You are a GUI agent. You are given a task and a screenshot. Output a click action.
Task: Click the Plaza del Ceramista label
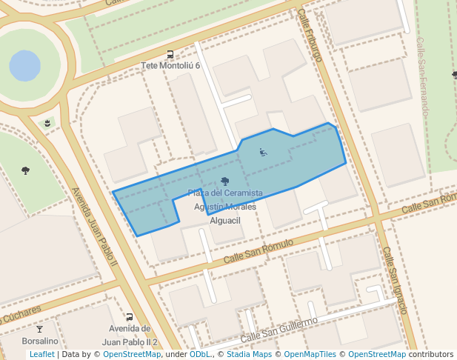[x=225, y=193]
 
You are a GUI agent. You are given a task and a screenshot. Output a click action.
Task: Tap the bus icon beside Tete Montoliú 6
[x=171, y=54]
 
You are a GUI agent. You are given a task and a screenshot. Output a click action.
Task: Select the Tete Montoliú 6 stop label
[x=171, y=66]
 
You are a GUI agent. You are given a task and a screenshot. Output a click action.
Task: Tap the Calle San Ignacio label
[x=395, y=281]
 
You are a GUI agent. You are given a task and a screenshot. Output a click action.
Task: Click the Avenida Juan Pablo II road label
[x=95, y=226]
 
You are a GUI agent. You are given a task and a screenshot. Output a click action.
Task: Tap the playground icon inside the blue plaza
[x=263, y=153]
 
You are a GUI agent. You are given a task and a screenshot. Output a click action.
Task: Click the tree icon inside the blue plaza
[x=225, y=181]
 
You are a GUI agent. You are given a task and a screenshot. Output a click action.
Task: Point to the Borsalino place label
[x=40, y=341]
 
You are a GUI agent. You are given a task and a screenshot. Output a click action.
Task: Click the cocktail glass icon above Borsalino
[x=40, y=329]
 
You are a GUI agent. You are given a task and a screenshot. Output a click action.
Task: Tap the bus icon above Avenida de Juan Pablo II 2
[x=130, y=317]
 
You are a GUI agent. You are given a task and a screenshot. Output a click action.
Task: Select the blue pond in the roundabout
[x=25, y=66]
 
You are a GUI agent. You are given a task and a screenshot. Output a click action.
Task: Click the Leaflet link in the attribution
[x=41, y=355]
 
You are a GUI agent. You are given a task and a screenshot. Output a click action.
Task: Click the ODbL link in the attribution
[x=200, y=355]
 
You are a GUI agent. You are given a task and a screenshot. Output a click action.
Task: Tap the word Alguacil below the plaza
[x=225, y=221]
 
